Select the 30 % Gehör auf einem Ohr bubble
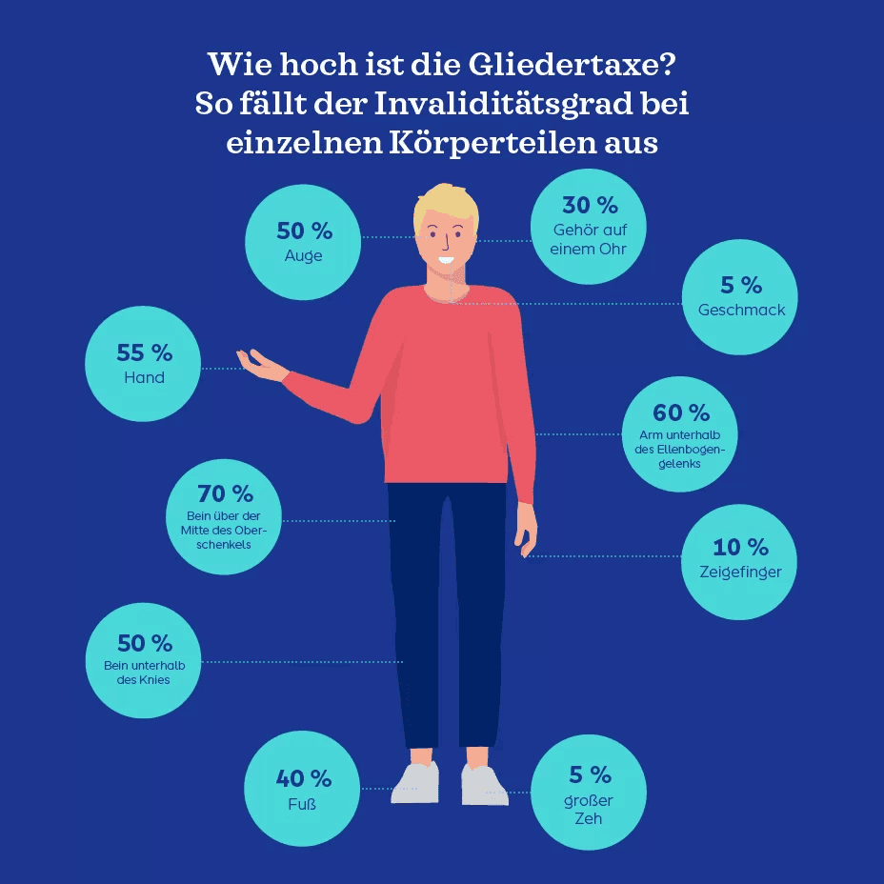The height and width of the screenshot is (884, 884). [x=588, y=227]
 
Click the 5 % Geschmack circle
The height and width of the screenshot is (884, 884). [x=740, y=296]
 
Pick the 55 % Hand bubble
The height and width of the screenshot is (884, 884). [x=144, y=364]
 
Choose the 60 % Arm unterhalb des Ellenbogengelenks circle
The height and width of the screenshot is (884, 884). [x=680, y=434]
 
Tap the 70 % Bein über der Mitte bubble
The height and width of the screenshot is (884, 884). [x=224, y=517]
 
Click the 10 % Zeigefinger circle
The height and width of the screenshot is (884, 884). [x=740, y=561]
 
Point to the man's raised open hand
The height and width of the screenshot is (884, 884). [x=261, y=366]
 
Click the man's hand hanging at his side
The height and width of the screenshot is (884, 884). [x=526, y=530]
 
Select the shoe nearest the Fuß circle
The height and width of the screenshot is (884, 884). [x=417, y=782]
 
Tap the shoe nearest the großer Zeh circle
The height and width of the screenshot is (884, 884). [x=484, y=785]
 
